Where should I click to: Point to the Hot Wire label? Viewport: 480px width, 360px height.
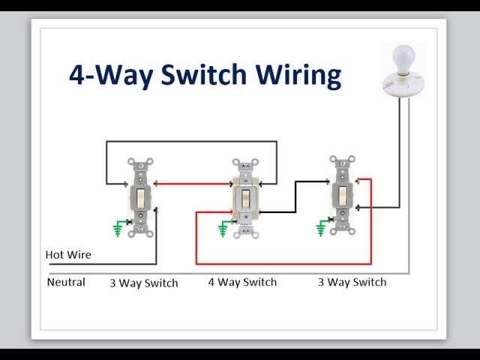[x=68, y=254]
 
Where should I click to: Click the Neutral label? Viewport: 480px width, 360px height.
[x=66, y=283]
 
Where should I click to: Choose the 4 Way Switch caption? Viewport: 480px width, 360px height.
[x=242, y=283]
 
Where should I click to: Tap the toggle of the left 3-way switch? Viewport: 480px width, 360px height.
[x=141, y=198]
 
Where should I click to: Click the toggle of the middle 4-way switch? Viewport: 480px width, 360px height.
[x=245, y=199]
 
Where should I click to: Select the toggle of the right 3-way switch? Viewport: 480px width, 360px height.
[x=341, y=196]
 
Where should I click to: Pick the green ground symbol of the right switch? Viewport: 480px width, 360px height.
[x=322, y=226]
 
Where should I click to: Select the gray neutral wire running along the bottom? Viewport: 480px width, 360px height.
[x=225, y=273]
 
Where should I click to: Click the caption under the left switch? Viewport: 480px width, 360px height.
[x=144, y=283]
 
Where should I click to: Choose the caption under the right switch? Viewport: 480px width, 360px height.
[x=352, y=283]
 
